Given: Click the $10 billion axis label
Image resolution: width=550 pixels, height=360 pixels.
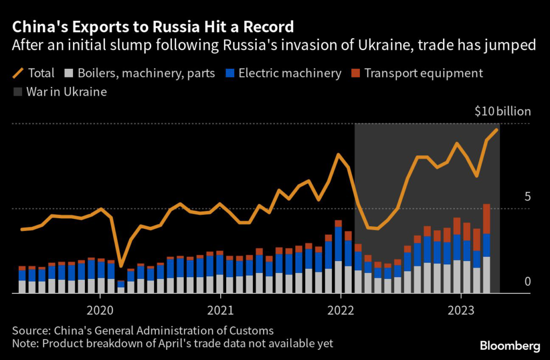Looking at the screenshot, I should (x=503, y=112).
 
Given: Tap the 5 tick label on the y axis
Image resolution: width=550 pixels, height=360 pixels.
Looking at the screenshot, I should (x=527, y=197).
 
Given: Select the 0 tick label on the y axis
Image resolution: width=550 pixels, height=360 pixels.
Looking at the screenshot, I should (x=527, y=282).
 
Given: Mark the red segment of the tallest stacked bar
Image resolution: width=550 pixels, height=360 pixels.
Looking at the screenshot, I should (x=487, y=219).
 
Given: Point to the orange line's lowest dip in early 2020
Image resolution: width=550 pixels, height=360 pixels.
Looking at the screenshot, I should (x=121, y=266).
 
